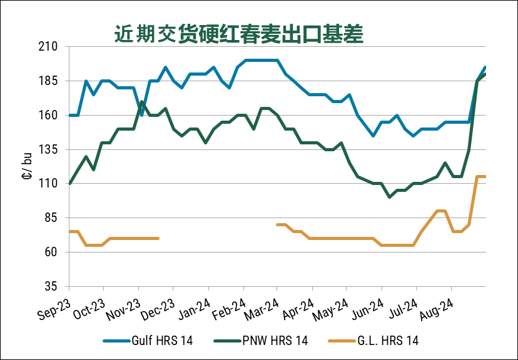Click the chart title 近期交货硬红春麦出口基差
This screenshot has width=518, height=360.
[x=238, y=34]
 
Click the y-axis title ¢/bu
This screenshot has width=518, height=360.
[x=28, y=166]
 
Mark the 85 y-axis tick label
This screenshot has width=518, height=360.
[x=50, y=218]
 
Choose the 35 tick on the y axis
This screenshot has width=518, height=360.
[x=50, y=286]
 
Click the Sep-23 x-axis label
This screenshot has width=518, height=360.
[x=54, y=306]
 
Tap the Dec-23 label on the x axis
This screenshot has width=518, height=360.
[x=159, y=306]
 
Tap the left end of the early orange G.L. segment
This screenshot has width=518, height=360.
[x=69, y=231]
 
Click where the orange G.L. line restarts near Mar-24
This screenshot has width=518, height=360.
[x=277, y=224]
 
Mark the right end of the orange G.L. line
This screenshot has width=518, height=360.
[x=485, y=177]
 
